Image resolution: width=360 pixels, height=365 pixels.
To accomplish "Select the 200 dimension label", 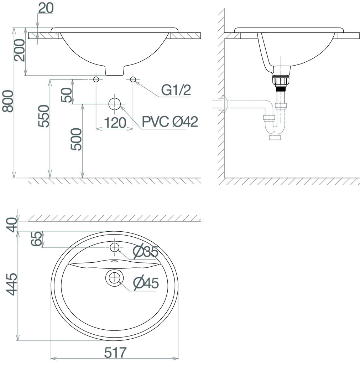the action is coord(19,50).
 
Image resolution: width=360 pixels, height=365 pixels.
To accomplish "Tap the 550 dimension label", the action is coord(44,116).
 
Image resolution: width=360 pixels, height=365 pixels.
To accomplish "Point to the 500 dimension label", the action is coord(76,139).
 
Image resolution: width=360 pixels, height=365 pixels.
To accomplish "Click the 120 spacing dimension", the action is coord(115,123).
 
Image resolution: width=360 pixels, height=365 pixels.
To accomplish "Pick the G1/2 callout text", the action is coord(176,90).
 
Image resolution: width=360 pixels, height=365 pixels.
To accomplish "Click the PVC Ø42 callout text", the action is coord(170,122).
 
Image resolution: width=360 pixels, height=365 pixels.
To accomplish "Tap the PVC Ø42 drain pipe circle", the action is coord(114,104).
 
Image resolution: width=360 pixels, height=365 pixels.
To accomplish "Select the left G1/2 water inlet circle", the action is coord(96,79).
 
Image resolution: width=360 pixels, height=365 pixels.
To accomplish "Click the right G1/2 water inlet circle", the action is coord(133,79).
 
